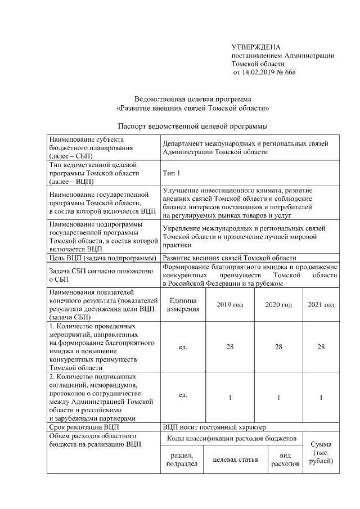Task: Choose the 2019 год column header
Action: [x=230, y=305]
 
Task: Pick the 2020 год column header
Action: [x=278, y=305]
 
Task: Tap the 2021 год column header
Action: [x=321, y=305]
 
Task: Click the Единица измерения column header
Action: [x=183, y=305]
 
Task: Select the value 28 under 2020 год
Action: [x=278, y=347]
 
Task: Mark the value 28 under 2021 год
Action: [x=321, y=347]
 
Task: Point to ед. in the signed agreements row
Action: [x=183, y=395]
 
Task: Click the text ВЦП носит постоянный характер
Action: [x=214, y=427]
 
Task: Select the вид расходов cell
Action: [x=285, y=460]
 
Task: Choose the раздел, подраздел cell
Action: [x=179, y=460]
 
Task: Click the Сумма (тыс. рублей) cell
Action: [x=321, y=452]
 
